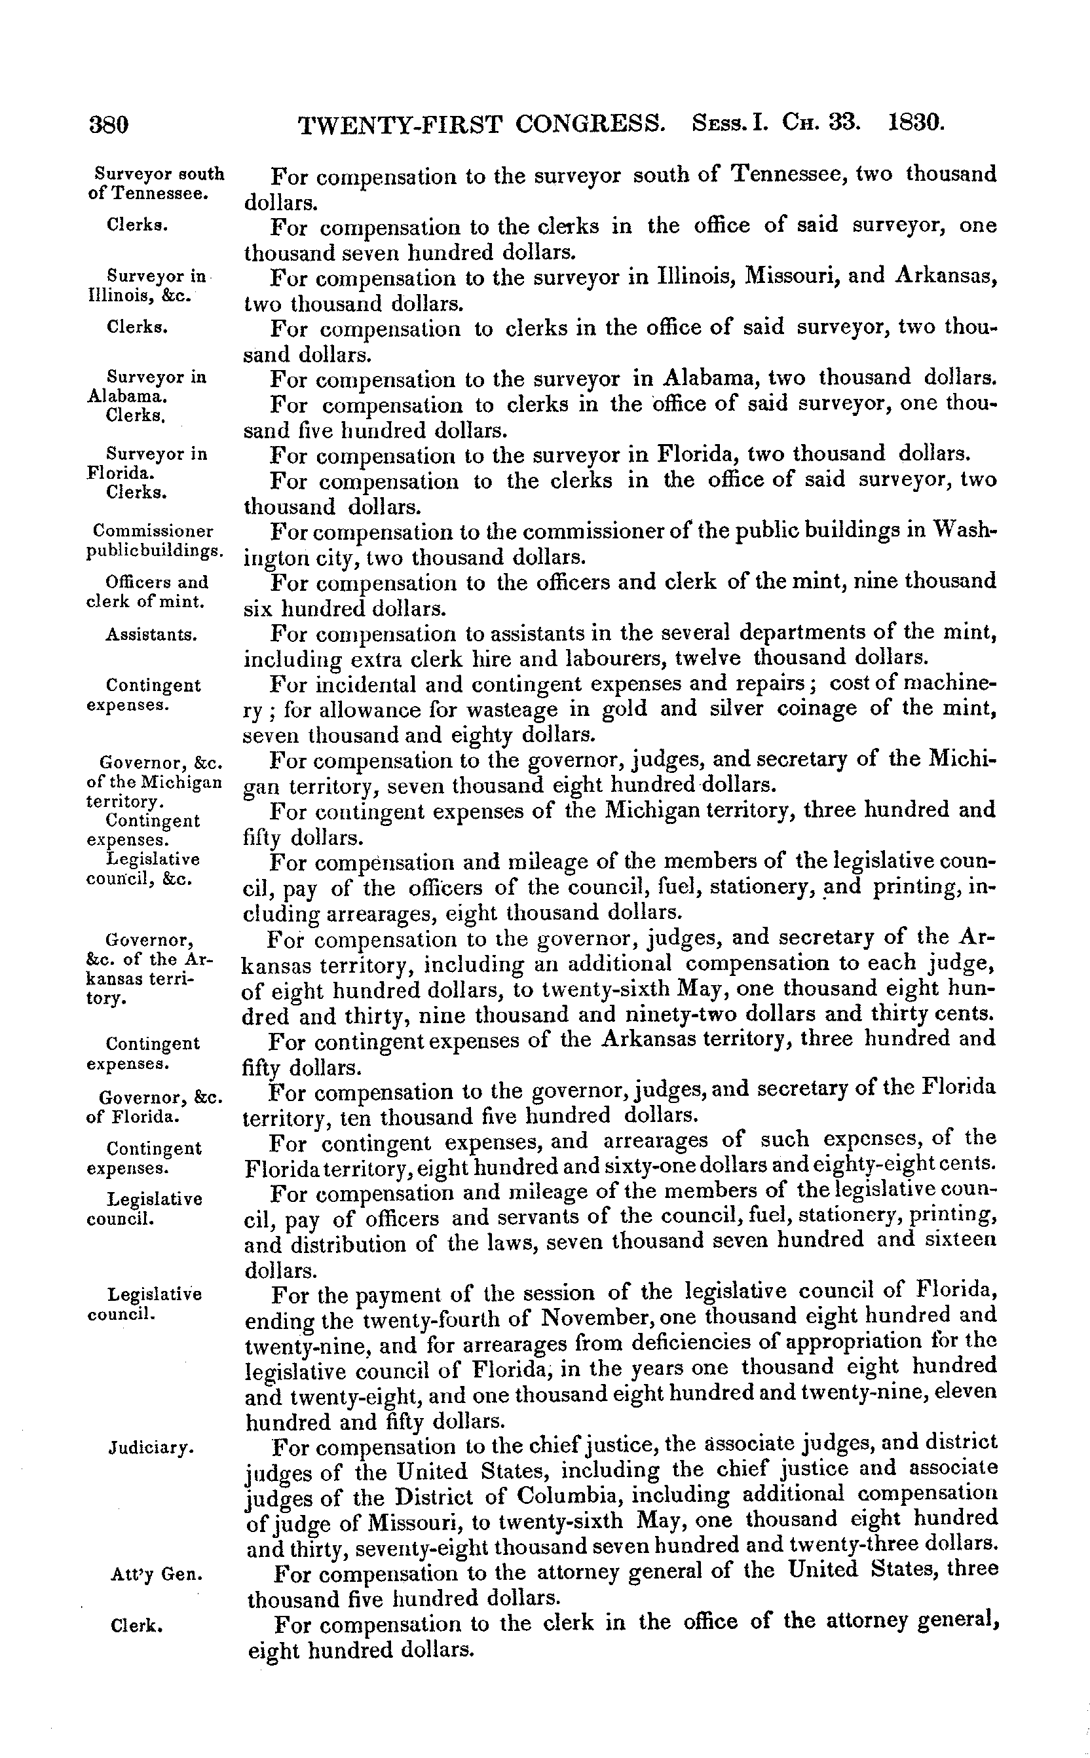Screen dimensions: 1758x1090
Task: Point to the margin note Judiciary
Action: point(151,1447)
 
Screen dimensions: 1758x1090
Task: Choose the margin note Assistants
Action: point(151,635)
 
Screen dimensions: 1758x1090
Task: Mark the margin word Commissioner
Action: point(153,531)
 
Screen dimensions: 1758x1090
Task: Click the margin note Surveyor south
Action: point(159,174)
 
